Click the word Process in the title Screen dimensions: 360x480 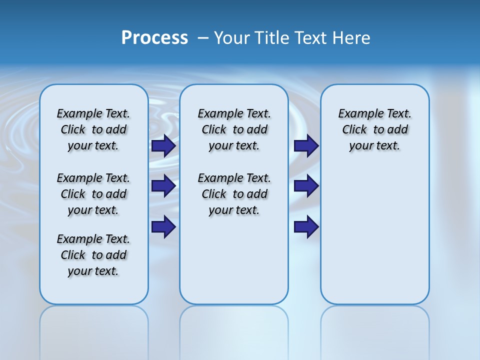tap(154, 38)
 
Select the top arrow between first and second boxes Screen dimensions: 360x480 tap(163, 145)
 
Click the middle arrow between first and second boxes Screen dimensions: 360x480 tap(163, 186)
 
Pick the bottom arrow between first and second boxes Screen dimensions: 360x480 tap(163, 227)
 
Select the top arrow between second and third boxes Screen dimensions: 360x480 tap(306, 145)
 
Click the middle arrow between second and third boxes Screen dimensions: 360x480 tap(306, 186)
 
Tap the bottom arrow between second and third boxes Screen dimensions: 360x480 tap(306, 227)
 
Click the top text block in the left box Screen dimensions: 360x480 tap(93, 129)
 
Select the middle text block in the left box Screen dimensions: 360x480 tap(93, 194)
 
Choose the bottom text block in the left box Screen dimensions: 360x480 tap(93, 255)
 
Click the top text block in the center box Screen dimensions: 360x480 tap(234, 129)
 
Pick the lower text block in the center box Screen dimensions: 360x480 tap(234, 194)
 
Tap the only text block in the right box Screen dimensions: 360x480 tap(375, 129)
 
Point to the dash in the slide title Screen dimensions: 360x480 tap(203, 38)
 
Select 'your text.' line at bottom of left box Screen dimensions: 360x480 tap(93, 271)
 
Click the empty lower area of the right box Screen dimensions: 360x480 tap(375, 240)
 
